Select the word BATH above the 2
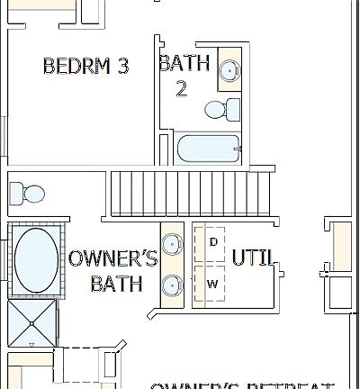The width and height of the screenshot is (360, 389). (x=184, y=63)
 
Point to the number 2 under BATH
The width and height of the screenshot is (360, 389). (x=182, y=90)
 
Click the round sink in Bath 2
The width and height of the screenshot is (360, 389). (x=229, y=69)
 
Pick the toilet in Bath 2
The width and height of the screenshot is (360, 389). (x=219, y=110)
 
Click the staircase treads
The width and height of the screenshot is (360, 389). (x=190, y=191)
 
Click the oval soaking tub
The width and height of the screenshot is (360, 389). (x=35, y=259)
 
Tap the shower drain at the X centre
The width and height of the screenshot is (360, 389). (x=32, y=321)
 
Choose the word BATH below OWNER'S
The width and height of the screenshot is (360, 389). (x=116, y=284)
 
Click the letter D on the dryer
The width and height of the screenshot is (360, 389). (x=213, y=242)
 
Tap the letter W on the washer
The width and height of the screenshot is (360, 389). (x=213, y=284)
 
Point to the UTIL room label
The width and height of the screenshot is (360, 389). (x=252, y=258)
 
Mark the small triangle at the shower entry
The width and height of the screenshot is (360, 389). (x=32, y=344)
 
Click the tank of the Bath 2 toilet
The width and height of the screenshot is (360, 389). (x=233, y=110)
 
